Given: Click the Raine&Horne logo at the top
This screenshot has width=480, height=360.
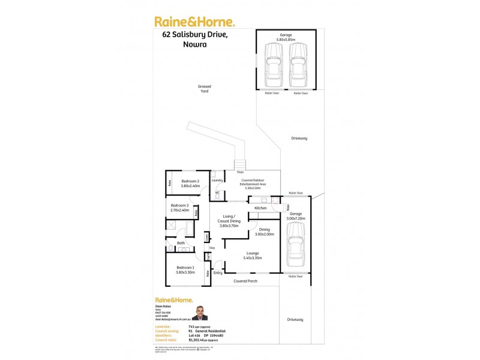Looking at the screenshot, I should pos(194,22).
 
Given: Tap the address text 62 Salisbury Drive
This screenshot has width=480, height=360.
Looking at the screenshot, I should pos(195,35).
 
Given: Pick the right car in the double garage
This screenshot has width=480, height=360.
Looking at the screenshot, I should pos(298,65).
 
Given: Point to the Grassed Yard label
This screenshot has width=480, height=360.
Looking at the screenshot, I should pos(205,89).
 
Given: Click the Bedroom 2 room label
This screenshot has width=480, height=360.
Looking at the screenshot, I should pos(190,181).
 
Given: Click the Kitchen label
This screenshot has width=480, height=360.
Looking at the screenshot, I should pos(260,208).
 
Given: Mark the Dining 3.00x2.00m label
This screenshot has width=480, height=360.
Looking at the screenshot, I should pos(264,232).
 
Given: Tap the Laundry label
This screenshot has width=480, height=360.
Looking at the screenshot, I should pos(217,180).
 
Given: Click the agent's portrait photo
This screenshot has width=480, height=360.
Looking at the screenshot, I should pos(202,313).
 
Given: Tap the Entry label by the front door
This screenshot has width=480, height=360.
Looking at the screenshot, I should pos(217,273).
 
